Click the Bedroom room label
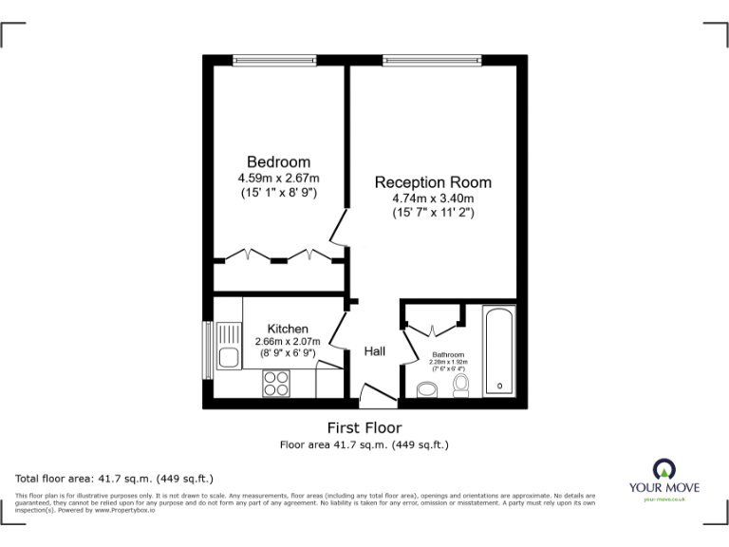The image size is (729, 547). pyautogui.click(x=278, y=161)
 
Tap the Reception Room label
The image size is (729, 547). pyautogui.click(x=433, y=182)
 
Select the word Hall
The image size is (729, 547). pyautogui.click(x=375, y=351)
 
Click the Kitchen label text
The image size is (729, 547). pyautogui.click(x=287, y=328)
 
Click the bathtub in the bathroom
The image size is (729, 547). pyautogui.click(x=498, y=349)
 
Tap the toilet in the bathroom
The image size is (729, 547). pyautogui.click(x=461, y=384)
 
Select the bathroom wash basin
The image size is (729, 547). pyautogui.click(x=427, y=388)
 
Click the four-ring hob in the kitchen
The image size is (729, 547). pyautogui.click(x=276, y=383)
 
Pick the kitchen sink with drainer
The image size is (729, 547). pyautogui.click(x=228, y=347)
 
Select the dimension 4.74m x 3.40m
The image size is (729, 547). pyautogui.click(x=433, y=198)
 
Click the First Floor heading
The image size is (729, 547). pyautogui.click(x=364, y=427)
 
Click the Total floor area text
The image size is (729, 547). pyautogui.click(x=115, y=478)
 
